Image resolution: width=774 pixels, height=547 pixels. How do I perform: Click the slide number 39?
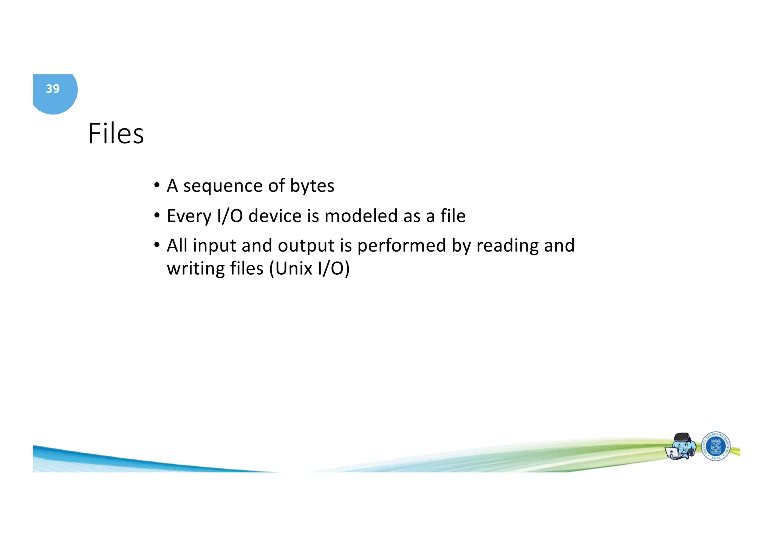point(53,89)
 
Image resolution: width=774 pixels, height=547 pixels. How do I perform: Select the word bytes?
point(312,186)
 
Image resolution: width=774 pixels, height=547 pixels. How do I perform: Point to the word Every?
point(189,216)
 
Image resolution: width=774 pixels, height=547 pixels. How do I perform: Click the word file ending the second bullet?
point(453,216)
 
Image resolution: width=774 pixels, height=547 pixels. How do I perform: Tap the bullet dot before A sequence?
point(156,185)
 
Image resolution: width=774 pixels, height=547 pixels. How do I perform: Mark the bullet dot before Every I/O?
point(156,216)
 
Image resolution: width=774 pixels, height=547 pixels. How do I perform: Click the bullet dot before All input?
point(156,245)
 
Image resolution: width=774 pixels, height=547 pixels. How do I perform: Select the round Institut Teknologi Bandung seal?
point(716,447)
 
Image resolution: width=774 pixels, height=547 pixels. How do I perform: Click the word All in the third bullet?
point(177,246)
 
